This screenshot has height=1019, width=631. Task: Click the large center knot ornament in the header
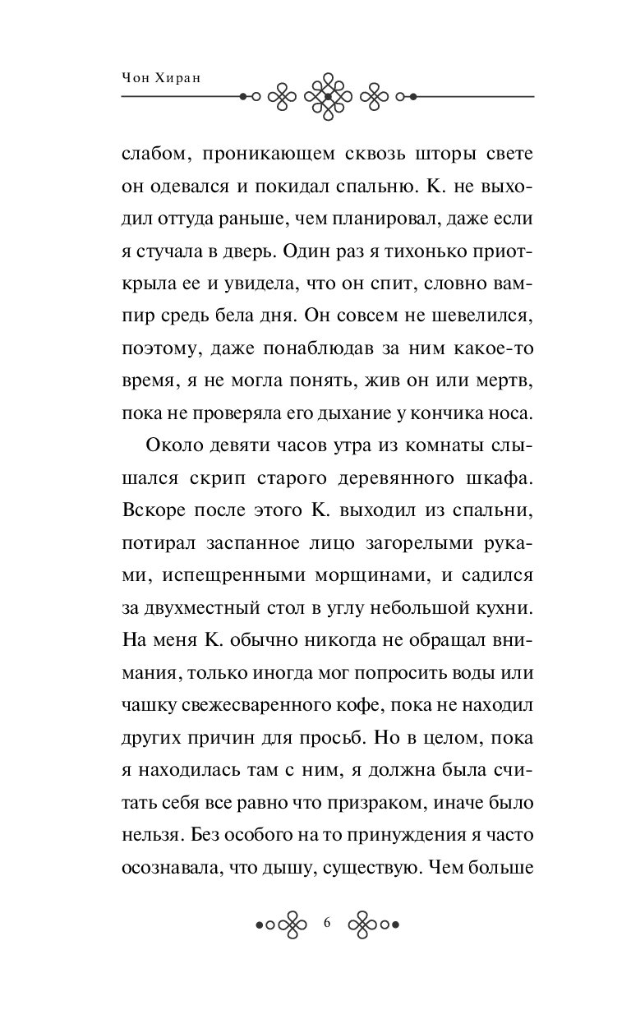tap(327, 97)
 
